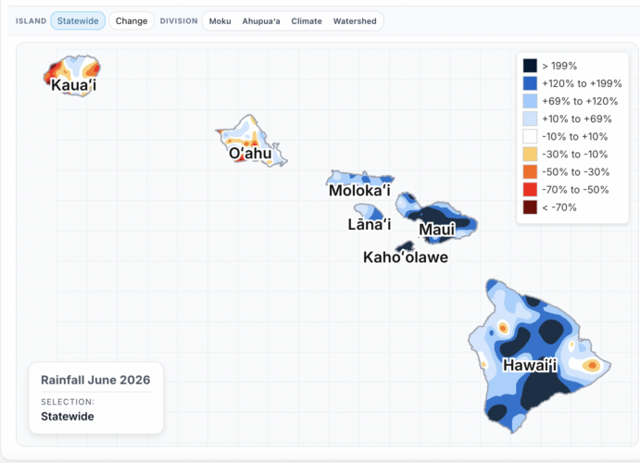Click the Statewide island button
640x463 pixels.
tap(78, 20)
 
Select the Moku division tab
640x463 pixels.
tap(220, 21)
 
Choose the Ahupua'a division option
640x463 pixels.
tap(261, 21)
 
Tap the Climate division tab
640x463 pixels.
tap(307, 21)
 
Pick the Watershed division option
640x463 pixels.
tap(355, 21)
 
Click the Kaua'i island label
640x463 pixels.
tap(74, 85)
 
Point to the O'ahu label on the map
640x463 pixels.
tap(250, 154)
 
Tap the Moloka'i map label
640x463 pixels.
tap(359, 191)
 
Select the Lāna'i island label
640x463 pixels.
tap(370, 224)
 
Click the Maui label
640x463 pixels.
tap(437, 230)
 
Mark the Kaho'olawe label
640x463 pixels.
tap(406, 257)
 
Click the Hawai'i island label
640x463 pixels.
tap(530, 365)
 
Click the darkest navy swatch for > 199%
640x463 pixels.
tap(530, 66)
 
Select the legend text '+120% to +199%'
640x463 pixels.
tap(582, 83)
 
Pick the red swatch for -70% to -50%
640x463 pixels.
tap(530, 190)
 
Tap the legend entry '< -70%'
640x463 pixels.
tap(559, 207)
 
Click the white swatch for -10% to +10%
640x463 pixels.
tap(530, 137)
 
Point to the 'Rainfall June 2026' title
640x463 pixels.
tap(95, 380)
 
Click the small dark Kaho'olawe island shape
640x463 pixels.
tap(405, 246)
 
